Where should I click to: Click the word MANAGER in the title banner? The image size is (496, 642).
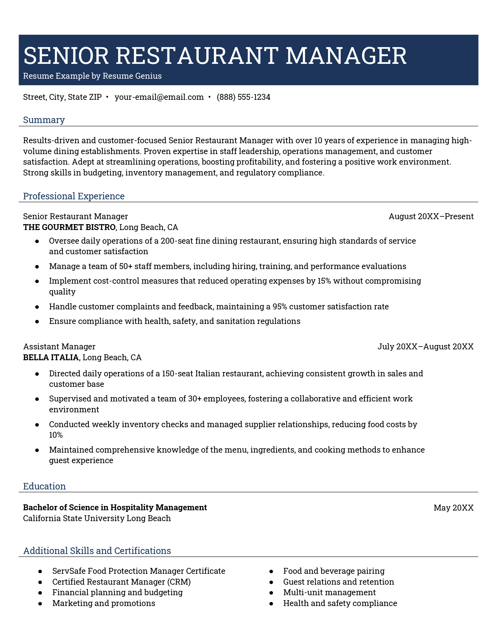pyautogui.click(x=346, y=56)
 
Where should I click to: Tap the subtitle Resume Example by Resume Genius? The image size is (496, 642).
pyautogui.click(x=92, y=76)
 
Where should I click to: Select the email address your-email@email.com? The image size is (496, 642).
pyautogui.click(x=159, y=97)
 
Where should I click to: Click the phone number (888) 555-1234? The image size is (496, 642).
pyautogui.click(x=243, y=97)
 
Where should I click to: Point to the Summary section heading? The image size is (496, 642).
pyautogui.click(x=44, y=120)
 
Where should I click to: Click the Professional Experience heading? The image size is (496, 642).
pyautogui.click(x=74, y=196)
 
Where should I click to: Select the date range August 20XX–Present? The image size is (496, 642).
pyautogui.click(x=431, y=216)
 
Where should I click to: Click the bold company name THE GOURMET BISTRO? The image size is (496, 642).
pyautogui.click(x=69, y=227)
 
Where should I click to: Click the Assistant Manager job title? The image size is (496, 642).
pyautogui.click(x=59, y=347)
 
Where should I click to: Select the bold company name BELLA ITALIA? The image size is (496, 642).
pyautogui.click(x=51, y=357)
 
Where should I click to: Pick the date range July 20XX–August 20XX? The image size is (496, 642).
pyautogui.click(x=425, y=347)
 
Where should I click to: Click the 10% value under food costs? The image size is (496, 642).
pyautogui.click(x=56, y=435)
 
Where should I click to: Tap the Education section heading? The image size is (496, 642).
pyautogui.click(x=44, y=486)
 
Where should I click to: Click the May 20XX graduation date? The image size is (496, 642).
pyautogui.click(x=453, y=507)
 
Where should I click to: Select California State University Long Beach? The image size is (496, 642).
pyautogui.click(x=97, y=518)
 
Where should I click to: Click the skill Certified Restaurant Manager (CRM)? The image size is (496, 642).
pyautogui.click(x=121, y=582)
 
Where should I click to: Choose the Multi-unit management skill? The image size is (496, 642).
pyautogui.click(x=329, y=592)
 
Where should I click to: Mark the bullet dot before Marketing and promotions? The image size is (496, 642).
pyautogui.click(x=40, y=604)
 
